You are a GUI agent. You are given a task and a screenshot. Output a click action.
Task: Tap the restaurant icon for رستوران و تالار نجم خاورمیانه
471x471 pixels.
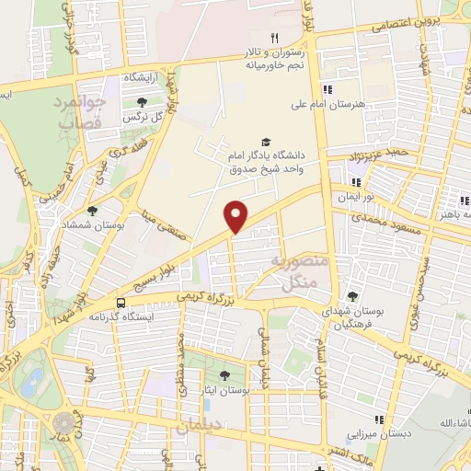coord(273,38)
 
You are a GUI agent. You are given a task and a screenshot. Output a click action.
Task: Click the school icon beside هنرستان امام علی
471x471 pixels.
coord(327,89)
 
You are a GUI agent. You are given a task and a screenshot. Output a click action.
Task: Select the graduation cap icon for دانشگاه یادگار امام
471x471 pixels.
coord(266,142)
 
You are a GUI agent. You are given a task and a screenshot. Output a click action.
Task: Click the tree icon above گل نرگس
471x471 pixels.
coord(141,103)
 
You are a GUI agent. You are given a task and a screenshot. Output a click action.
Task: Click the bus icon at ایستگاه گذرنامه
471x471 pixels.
coord(121,302)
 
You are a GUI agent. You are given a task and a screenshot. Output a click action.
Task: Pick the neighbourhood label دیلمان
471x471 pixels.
coord(197,428)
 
